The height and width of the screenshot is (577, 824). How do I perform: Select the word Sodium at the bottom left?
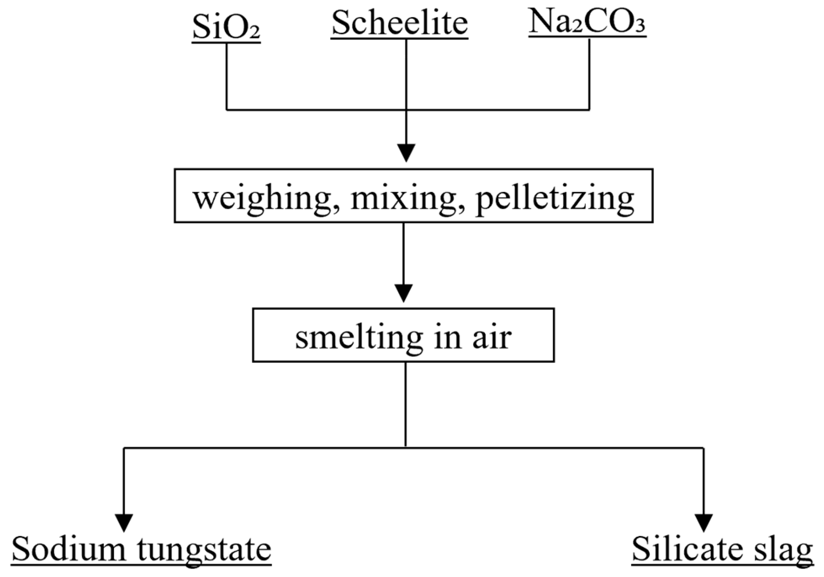point(69,549)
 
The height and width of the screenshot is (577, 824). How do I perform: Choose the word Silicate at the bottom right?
point(687,549)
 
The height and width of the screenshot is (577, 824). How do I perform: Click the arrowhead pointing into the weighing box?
point(406,153)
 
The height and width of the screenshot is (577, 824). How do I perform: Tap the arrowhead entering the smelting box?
point(403,293)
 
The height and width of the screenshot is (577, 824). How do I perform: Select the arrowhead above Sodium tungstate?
point(124,522)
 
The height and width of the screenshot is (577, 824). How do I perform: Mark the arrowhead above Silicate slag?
point(704,522)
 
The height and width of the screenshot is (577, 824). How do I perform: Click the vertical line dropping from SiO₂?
point(227,77)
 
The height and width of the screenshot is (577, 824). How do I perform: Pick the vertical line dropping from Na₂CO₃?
point(589,75)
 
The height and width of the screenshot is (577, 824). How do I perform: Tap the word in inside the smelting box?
point(448,337)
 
